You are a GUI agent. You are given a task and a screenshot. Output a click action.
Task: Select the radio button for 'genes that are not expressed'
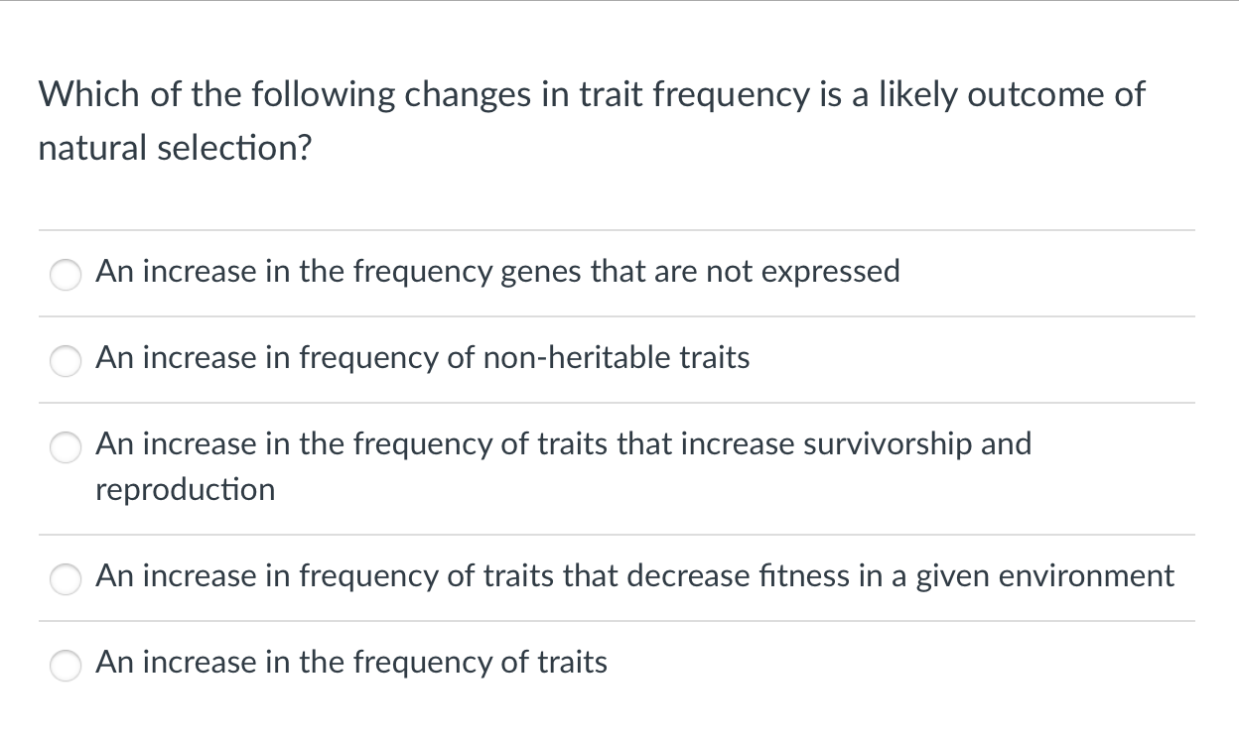[66, 274]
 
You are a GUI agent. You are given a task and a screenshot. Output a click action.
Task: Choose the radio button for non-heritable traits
[66, 360]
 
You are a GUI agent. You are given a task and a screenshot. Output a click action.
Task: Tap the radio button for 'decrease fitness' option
[66, 578]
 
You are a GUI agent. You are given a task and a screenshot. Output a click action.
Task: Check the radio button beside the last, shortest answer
[66, 665]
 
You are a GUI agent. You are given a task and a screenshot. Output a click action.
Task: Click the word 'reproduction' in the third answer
[185, 489]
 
